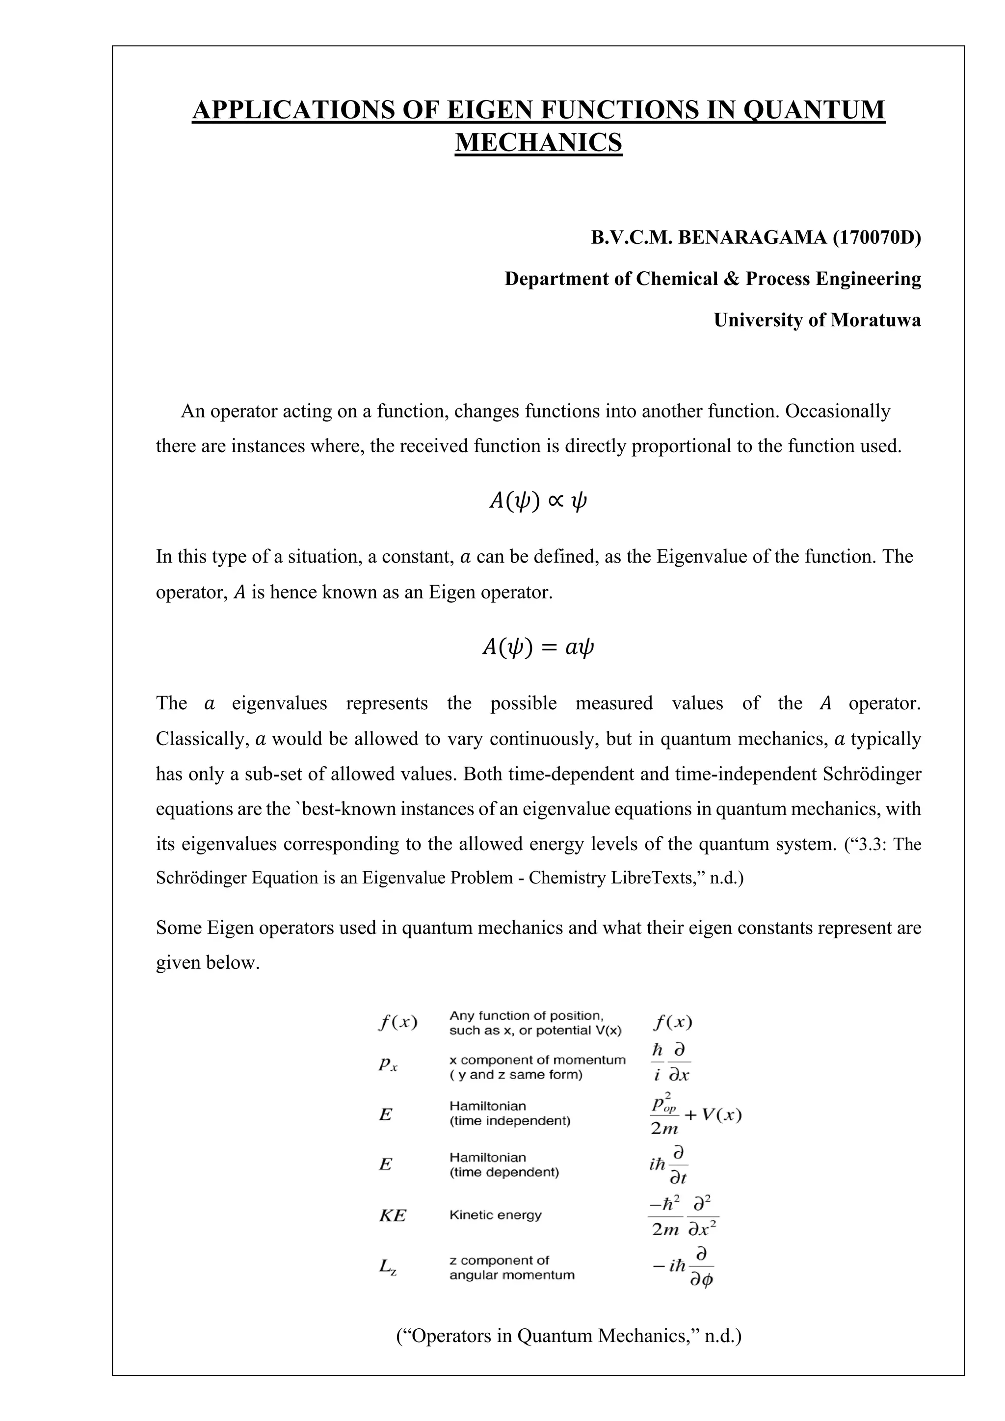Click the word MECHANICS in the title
pos(538,142)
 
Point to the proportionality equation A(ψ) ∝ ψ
pos(537,501)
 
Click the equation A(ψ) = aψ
pos(537,647)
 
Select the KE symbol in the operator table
pos(392,1215)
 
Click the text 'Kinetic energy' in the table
pos(495,1215)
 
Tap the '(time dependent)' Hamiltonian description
pos(504,1172)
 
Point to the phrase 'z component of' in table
pos(499,1260)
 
